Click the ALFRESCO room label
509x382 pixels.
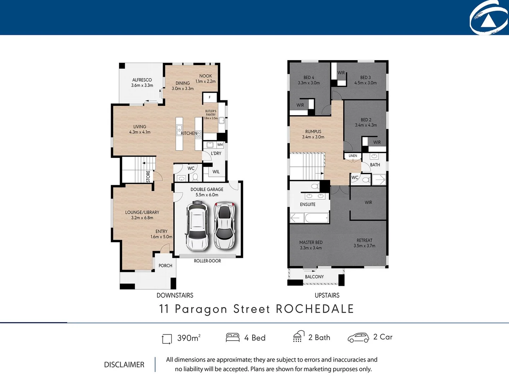point(142,80)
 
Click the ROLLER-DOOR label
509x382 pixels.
point(207,261)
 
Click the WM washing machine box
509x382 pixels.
point(220,145)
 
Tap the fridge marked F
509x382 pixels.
point(210,97)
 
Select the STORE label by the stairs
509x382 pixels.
point(148,176)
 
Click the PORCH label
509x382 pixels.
point(165,266)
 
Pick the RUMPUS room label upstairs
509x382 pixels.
point(313,132)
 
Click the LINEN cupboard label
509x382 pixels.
point(353,156)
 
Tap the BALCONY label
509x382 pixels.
point(314,277)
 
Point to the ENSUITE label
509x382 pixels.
point(308,204)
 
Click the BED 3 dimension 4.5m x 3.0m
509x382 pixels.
point(365,83)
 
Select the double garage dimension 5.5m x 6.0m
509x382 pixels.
point(207,195)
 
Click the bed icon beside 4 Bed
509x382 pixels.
point(233,337)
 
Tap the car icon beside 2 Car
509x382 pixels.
point(358,338)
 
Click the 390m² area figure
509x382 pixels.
point(189,338)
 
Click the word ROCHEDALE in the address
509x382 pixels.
point(315,309)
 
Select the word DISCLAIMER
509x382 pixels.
point(124,365)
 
